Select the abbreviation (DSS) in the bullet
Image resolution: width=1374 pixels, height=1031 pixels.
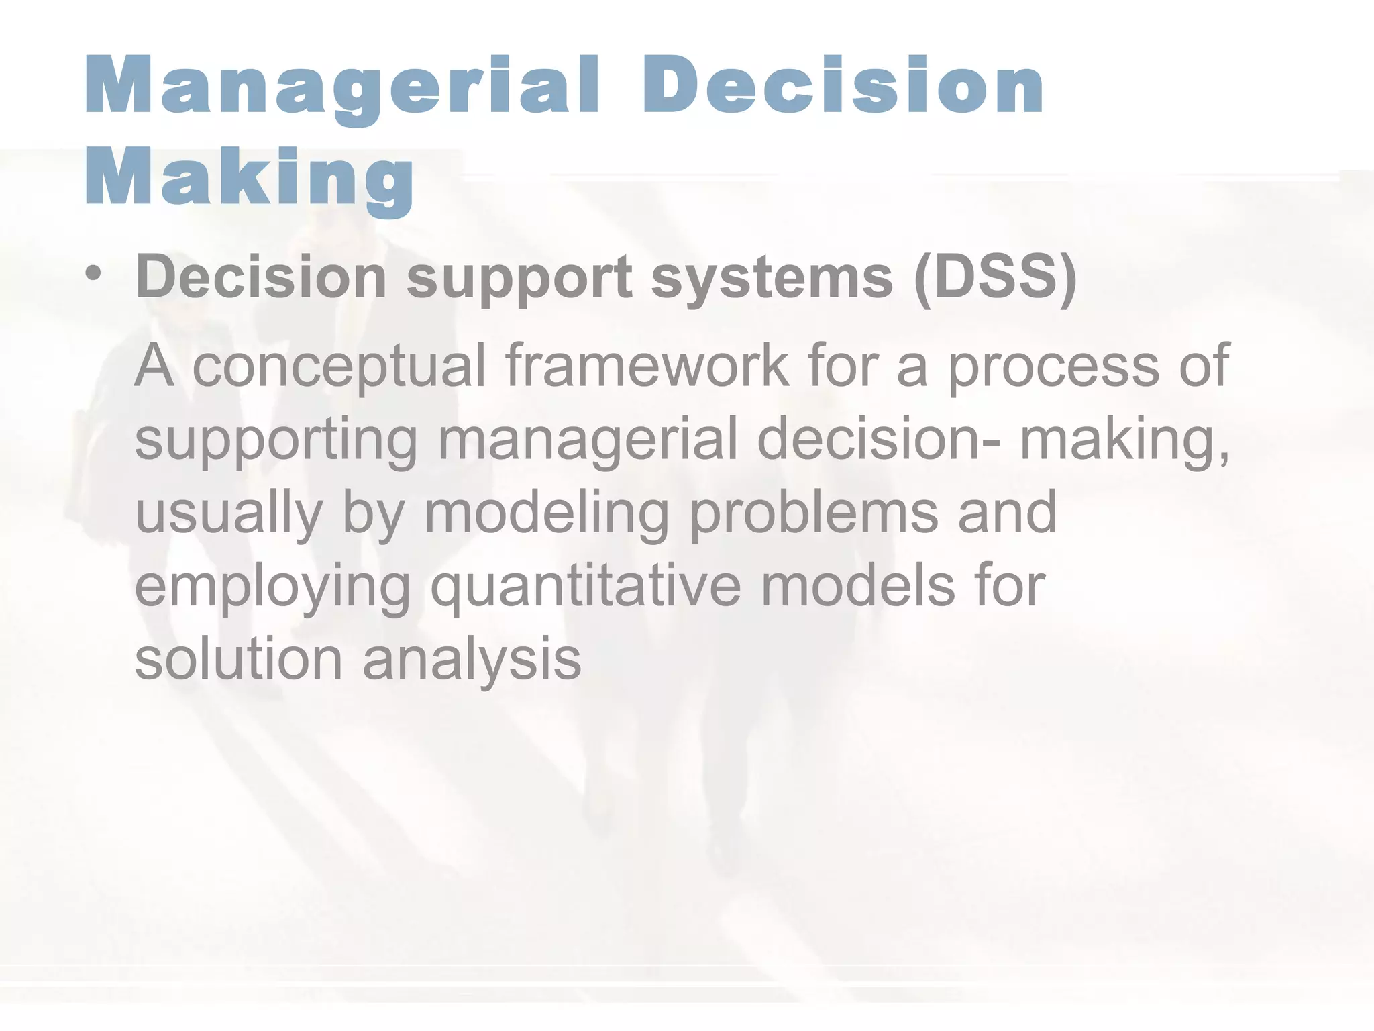point(996,278)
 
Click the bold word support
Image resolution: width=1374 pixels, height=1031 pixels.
point(519,279)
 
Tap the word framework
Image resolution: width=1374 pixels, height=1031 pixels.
point(647,366)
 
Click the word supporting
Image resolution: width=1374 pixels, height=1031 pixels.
point(276,440)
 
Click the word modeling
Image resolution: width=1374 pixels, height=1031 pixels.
point(546,514)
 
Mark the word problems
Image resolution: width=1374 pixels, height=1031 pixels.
point(813,513)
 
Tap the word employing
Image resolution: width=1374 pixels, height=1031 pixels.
point(272,588)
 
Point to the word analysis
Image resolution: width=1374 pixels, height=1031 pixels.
point(472,660)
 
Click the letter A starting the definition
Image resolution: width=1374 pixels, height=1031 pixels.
point(154,366)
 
